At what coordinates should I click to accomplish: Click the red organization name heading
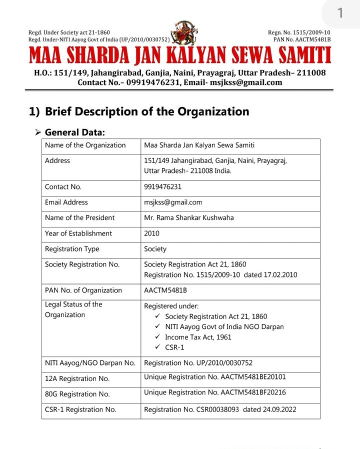coord(180,56)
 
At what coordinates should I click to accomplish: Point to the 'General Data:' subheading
coord(75,132)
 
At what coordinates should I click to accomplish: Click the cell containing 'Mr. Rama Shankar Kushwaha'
coord(188,217)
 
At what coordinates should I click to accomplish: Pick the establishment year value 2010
coord(151,233)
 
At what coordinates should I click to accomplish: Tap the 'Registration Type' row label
coord(72,249)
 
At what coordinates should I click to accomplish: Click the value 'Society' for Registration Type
coord(155,249)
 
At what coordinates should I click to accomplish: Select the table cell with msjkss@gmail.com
coord(173,202)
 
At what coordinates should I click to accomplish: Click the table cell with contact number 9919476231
coord(162,187)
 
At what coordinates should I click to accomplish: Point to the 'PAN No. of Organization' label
coord(83,290)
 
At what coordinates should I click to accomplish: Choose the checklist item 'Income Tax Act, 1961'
coord(198,337)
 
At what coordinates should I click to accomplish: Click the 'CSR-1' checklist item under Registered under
coord(174,347)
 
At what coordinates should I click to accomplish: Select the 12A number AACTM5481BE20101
coord(253,377)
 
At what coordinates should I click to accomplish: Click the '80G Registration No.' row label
coord(77,394)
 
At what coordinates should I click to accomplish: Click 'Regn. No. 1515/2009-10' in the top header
coord(299,32)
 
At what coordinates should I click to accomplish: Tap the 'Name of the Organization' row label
coord(85,145)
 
